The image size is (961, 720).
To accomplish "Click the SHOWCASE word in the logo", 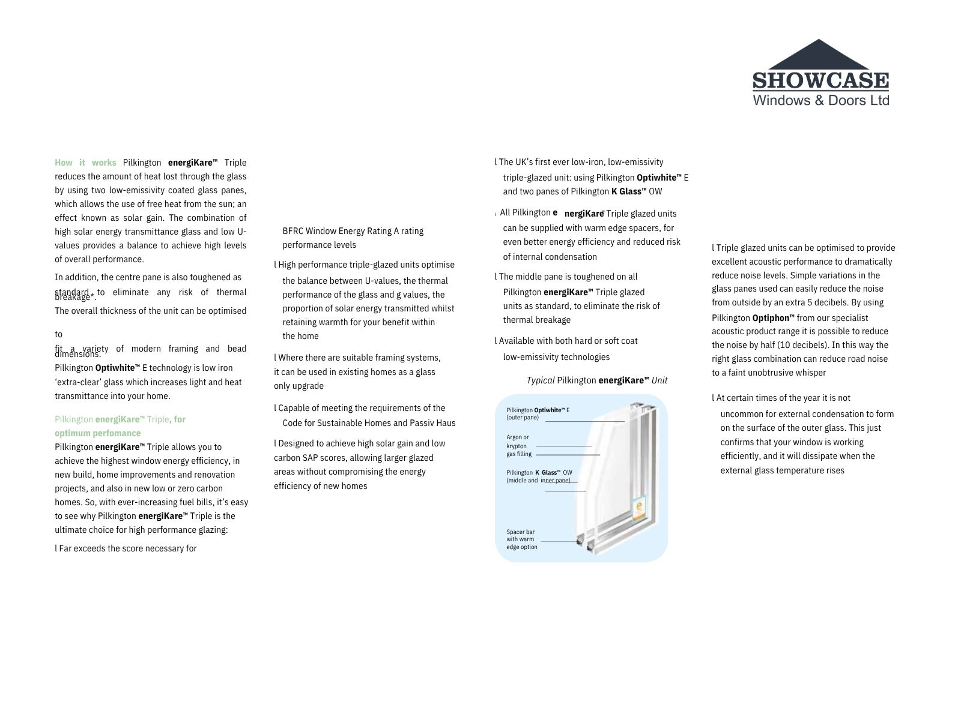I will coord(820,81).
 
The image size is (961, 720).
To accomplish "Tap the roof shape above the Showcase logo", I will coord(819,55).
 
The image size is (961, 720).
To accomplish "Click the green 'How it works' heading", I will coord(85,163).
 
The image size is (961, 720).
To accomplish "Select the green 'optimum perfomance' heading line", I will coord(98,433).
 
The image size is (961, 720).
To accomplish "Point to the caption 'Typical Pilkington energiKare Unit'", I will coord(596,380).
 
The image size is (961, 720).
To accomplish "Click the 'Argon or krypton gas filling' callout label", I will coord(519,446).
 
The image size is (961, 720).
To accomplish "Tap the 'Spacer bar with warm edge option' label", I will coord(521,539).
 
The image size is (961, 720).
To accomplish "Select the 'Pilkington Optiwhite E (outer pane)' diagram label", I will coord(538,413).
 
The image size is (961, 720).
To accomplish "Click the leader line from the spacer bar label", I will coord(560,542).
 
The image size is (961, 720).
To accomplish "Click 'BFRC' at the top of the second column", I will coord(293,231).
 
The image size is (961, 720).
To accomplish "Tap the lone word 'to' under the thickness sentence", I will coord(59,334).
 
